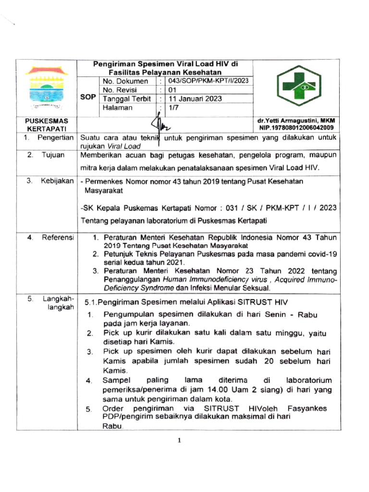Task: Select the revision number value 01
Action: point(172,90)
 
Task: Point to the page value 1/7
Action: point(173,109)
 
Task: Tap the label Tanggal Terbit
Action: point(124,99)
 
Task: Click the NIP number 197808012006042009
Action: point(296,128)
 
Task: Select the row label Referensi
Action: point(57,237)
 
